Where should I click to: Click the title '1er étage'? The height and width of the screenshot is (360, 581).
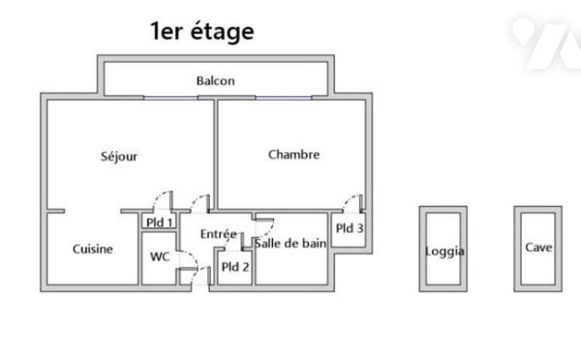point(202,31)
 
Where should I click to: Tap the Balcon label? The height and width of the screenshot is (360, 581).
point(215,81)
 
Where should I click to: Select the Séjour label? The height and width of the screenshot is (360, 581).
point(119,156)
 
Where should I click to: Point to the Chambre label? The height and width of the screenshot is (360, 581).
point(293,154)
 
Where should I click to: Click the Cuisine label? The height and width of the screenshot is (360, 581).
point(93,249)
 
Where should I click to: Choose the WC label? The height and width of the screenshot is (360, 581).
point(160,256)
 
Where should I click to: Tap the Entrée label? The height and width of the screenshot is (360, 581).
point(219,233)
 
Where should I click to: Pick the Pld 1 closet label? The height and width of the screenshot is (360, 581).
point(159,222)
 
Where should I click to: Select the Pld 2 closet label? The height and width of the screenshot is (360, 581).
point(235,267)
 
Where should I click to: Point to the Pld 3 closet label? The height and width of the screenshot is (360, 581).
point(350,229)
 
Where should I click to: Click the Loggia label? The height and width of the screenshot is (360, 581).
point(444,252)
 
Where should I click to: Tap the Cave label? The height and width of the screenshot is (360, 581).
point(538,247)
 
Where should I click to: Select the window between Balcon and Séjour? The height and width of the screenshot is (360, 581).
point(176,97)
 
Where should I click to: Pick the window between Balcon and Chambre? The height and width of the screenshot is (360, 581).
point(284,97)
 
